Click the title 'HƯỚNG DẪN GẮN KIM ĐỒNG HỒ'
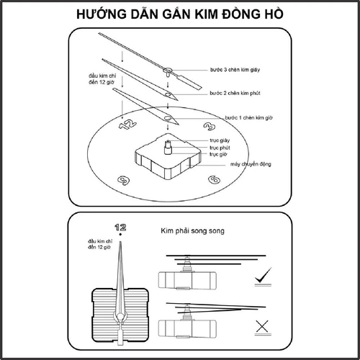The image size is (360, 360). pos(180,15)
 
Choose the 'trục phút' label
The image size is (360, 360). pos(220,148)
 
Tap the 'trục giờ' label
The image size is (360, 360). pos(220,154)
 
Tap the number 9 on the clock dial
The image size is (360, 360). pos(124,181)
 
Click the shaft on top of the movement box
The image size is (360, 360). pos(168,145)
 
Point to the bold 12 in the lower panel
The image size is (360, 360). pos(120,228)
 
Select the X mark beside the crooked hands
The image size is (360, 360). pos(264,328)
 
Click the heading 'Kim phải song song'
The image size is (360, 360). pos(192,233)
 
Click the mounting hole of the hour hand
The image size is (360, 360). pos(168,116)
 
